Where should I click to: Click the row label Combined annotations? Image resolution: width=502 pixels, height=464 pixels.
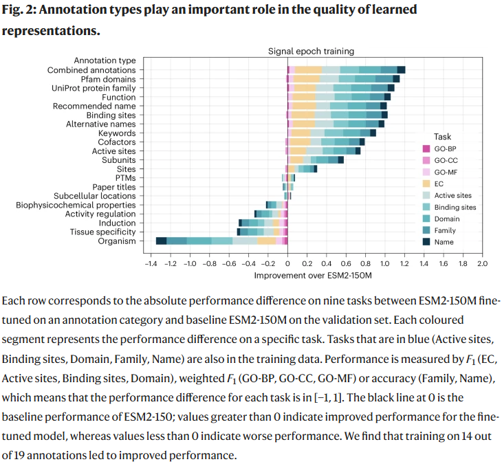[91, 70]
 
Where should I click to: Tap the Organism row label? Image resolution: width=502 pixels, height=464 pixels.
[118, 241]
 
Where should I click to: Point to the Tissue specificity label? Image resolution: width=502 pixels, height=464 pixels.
[102, 232]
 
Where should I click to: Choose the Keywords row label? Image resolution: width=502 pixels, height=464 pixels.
[117, 133]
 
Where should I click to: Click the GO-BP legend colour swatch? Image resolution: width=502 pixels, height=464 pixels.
[426, 149]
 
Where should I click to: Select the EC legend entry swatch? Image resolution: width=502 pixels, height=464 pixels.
[426, 184]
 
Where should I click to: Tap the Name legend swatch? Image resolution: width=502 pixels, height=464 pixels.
[426, 242]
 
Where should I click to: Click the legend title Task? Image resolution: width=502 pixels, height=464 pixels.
[442, 137]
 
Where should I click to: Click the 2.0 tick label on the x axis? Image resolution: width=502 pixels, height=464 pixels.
[481, 263]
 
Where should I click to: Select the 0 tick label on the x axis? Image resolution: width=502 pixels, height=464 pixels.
[287, 263]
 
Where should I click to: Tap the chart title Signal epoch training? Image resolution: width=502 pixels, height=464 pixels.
[311, 51]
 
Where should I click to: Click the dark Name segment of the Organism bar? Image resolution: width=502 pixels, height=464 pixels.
[161, 241]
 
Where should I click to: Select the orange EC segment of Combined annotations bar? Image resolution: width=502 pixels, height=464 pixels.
[309, 70]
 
